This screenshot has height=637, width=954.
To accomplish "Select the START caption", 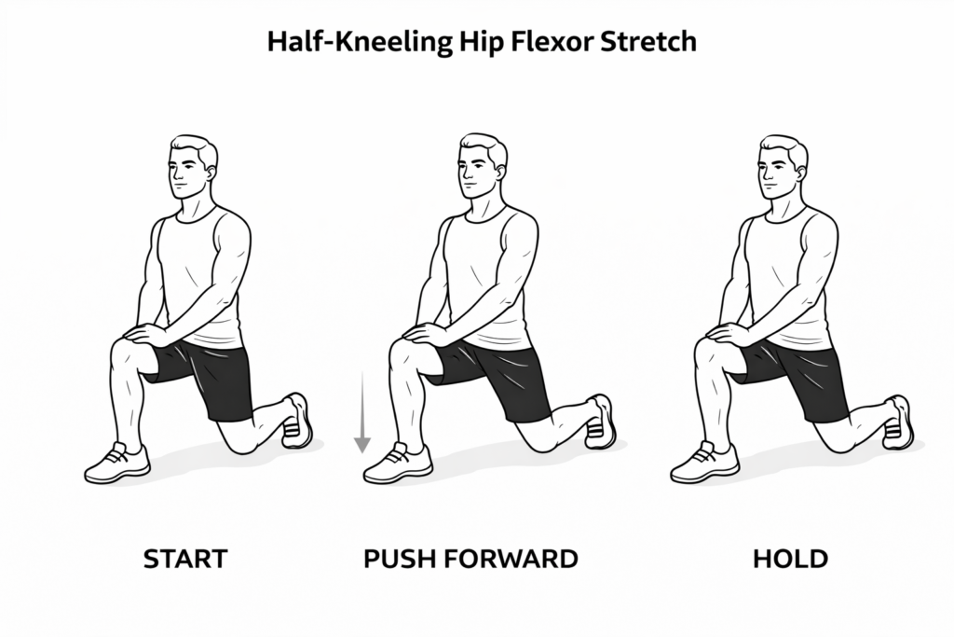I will click(185, 560).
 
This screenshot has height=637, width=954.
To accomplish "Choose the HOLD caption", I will click(790, 560).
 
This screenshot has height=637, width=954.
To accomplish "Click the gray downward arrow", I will click(361, 411).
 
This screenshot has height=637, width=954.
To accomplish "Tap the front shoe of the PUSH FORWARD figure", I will click(398, 464).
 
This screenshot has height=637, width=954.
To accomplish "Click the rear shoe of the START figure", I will click(297, 422).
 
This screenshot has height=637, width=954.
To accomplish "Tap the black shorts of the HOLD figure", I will click(801, 373).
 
